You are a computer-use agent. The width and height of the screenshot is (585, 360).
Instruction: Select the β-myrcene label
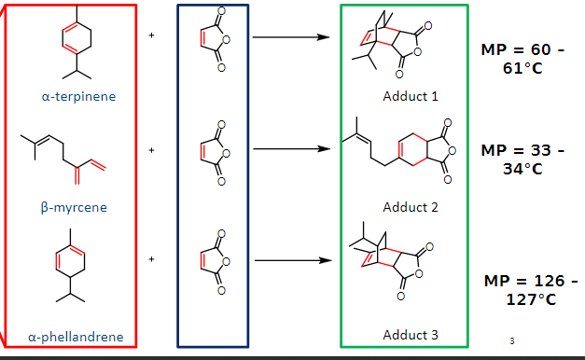pos(74,207)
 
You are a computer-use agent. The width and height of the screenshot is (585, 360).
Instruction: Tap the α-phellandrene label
pos(76,337)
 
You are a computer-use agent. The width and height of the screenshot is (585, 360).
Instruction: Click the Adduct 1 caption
pos(410,96)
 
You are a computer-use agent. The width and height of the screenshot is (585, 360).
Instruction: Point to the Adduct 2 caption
pos(410,207)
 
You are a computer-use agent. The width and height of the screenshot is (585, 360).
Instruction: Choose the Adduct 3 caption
pos(410,334)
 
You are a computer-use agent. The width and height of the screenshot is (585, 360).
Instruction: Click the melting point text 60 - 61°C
pos(522,59)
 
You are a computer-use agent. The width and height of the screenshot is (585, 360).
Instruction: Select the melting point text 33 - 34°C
pos(522,159)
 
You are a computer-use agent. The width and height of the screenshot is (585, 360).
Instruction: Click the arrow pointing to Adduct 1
pos(291,38)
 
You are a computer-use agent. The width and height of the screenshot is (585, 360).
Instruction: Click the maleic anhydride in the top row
pos(212,38)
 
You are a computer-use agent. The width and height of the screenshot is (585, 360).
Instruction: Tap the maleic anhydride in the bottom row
pos(212,261)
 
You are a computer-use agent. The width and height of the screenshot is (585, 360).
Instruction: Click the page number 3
pos(512,339)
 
